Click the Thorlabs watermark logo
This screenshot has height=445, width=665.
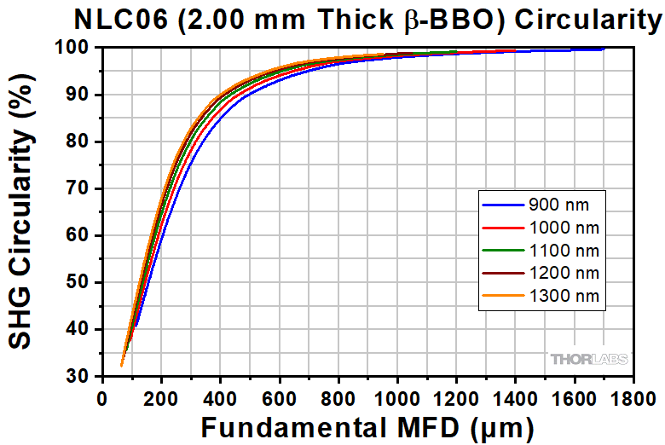click(x=588, y=359)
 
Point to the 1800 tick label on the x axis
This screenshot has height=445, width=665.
click(x=633, y=397)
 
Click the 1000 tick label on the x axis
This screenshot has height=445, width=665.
click(x=398, y=397)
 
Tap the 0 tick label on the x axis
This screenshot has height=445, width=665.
click(x=102, y=397)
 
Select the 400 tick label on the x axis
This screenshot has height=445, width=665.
click(x=220, y=397)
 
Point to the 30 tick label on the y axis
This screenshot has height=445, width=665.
click(x=78, y=376)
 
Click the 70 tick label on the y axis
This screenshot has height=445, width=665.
click(x=78, y=188)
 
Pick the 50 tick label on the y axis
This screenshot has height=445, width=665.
click(x=78, y=282)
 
